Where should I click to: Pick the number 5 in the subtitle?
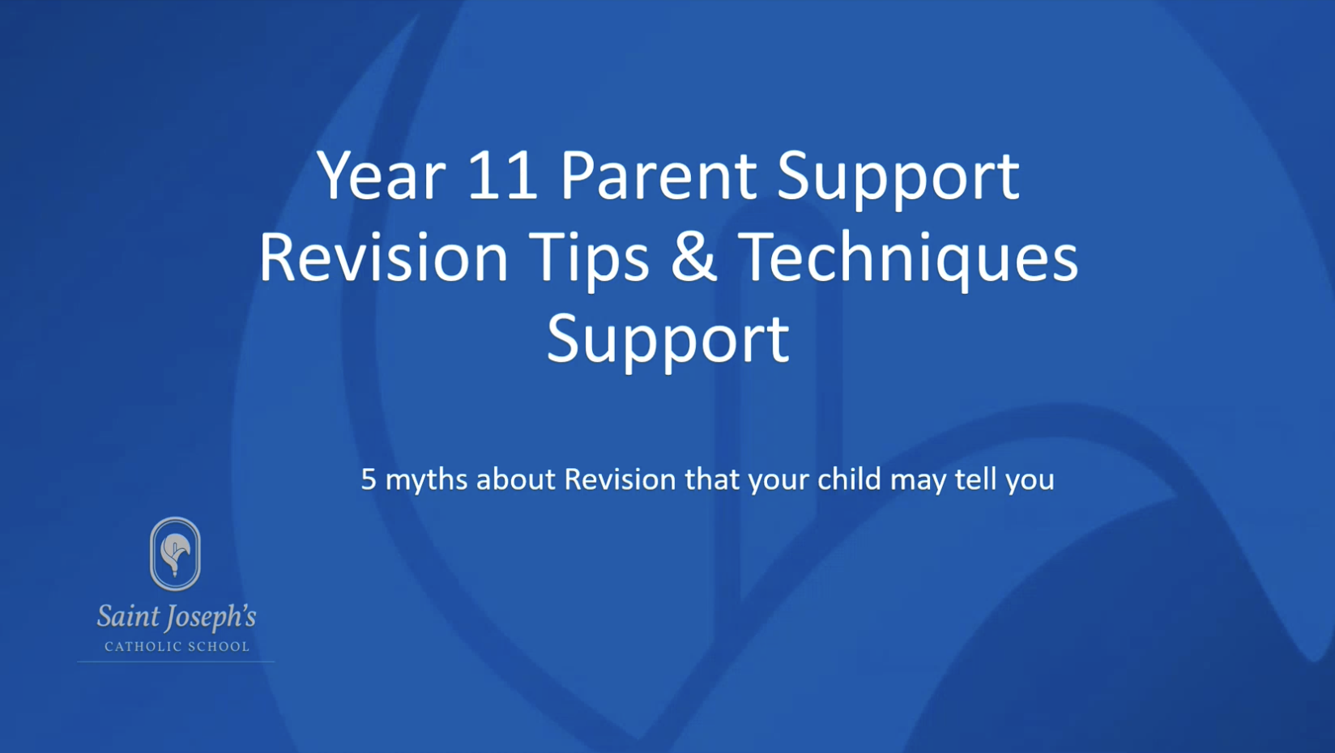tap(369, 479)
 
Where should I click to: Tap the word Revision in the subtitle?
tap(620, 479)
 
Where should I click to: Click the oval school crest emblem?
tap(175, 554)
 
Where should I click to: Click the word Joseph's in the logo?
tap(210, 618)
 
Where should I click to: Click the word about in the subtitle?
tap(516, 479)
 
